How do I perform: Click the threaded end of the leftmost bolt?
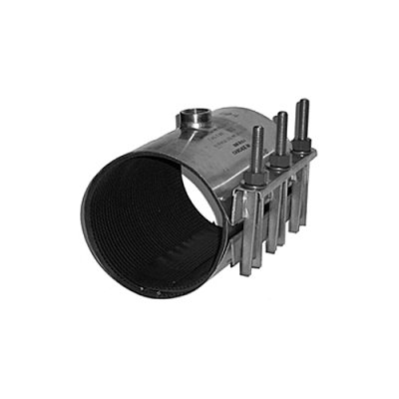tap(258, 139)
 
